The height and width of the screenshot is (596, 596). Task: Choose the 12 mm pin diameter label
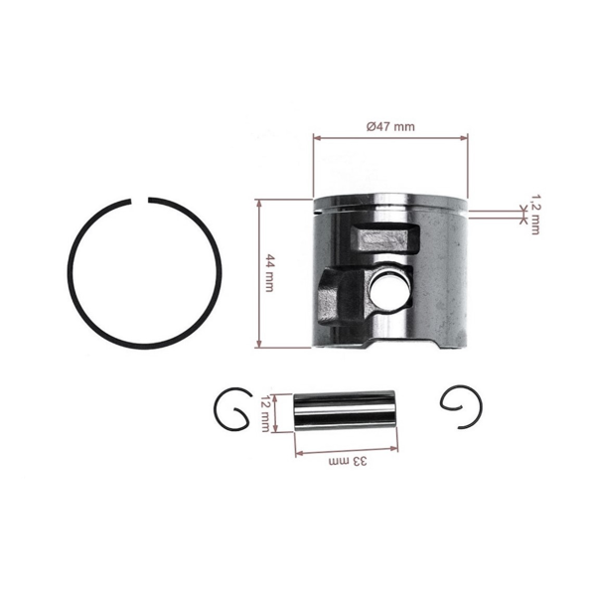[x=267, y=411]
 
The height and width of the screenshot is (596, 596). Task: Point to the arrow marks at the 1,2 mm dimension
[x=523, y=210]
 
